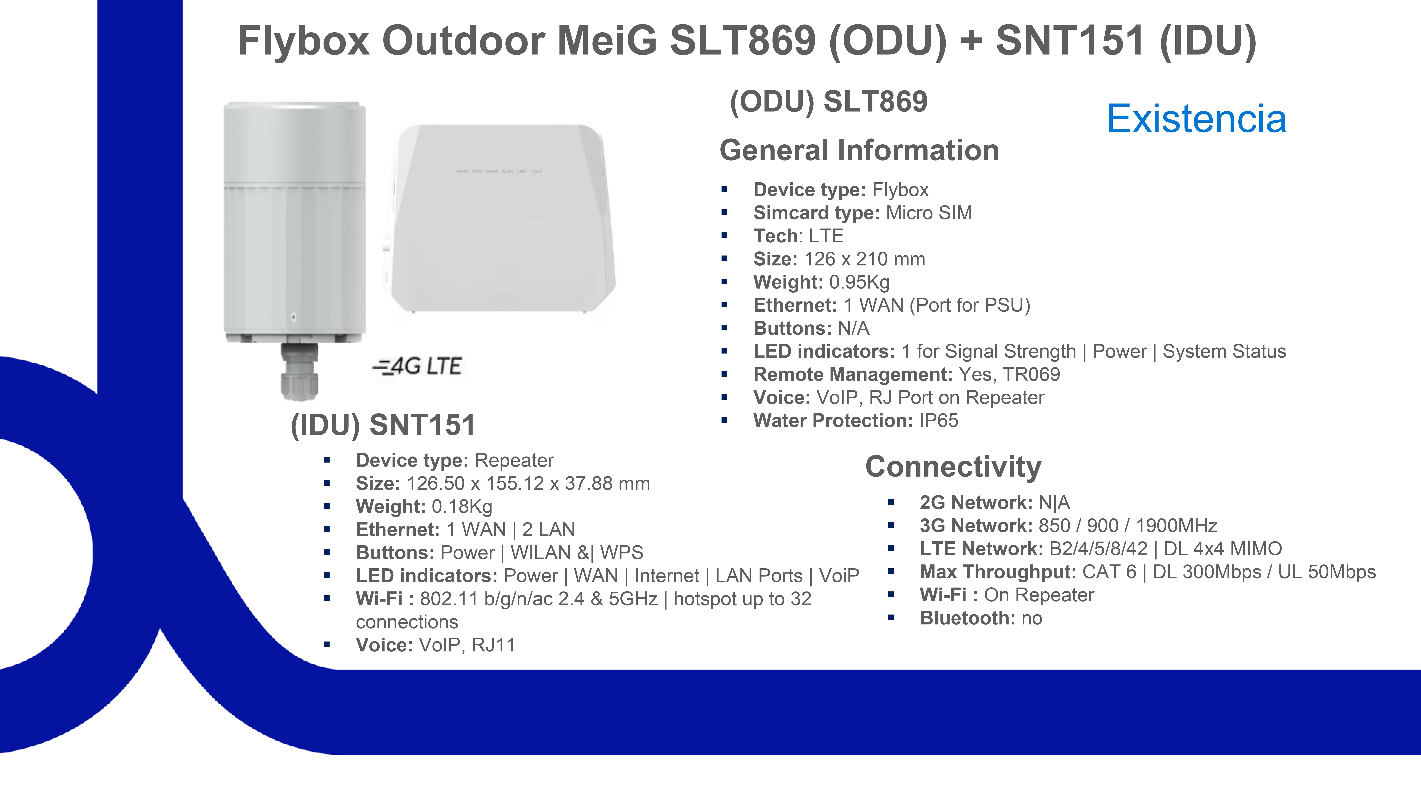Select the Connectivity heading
(953, 467)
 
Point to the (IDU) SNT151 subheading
(383, 425)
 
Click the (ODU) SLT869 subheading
(829, 101)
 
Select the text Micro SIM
(929, 213)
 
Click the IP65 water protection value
(938, 421)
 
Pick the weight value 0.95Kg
(860, 282)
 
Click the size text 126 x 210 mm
(864, 259)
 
